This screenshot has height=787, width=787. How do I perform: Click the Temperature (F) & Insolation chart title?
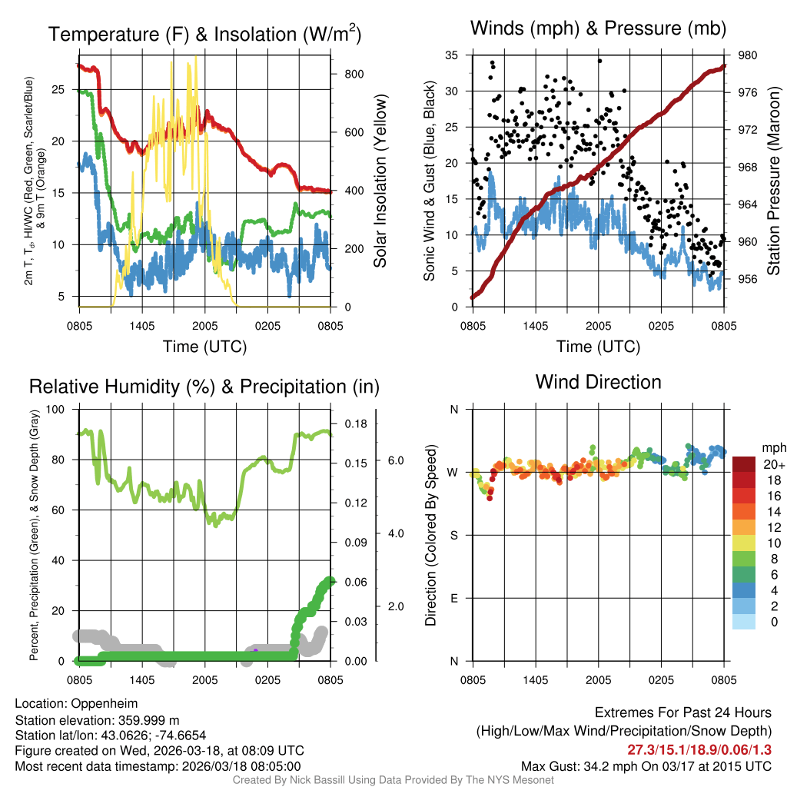204,34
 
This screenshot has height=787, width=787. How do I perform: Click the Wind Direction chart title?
598,382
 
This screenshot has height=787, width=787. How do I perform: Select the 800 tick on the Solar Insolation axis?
353,74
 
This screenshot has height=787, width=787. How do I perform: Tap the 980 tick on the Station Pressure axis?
749,55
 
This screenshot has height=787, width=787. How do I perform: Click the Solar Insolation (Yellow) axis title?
380,181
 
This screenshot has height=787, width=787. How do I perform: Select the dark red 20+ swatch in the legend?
744,464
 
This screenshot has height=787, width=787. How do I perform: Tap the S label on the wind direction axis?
453,535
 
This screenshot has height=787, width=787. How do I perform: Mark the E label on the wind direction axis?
453,598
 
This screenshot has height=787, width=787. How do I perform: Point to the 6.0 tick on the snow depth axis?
394,460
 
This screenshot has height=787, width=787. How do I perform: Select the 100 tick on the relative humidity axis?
55,409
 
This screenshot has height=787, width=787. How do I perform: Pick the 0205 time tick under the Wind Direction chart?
661,680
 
